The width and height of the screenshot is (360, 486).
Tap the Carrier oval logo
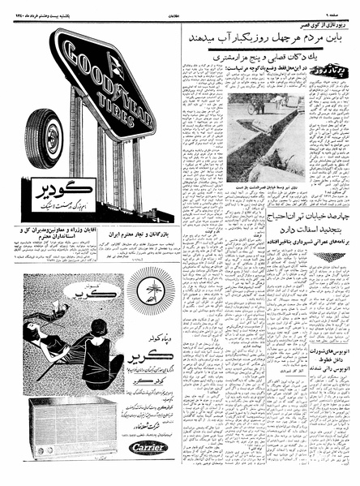pyautogui.click(x=147, y=447)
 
